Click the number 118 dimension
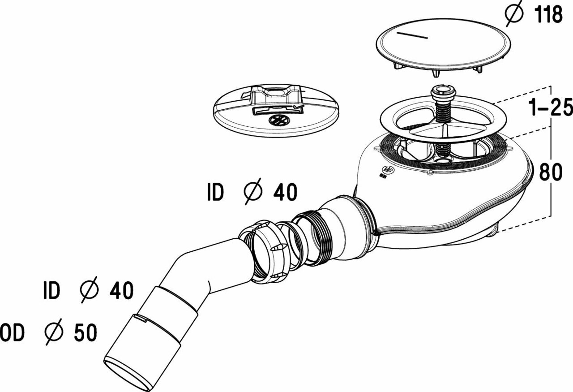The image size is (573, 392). (549, 15)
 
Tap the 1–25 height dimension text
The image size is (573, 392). (551, 107)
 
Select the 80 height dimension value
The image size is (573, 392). (551, 172)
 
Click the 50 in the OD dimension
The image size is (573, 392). (86, 332)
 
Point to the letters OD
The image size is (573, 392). (12, 332)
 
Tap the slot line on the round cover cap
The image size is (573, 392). (412, 35)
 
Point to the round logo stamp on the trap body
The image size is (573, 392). (388, 170)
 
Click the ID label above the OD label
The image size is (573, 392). (51, 290)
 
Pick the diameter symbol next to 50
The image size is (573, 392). (54, 332)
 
